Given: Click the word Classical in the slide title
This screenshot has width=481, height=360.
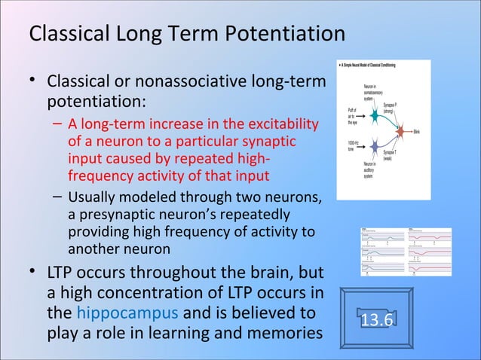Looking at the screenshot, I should point(63,35).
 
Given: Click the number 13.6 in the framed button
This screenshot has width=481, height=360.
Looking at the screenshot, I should point(376,320).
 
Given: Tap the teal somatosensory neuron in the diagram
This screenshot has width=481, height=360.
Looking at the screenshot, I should point(375,117).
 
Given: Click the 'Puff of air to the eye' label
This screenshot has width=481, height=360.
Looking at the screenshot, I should point(353,118).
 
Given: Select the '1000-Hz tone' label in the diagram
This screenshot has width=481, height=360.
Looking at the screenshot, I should point(353,145).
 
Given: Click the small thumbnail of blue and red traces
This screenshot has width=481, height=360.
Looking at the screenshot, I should point(406,252).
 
